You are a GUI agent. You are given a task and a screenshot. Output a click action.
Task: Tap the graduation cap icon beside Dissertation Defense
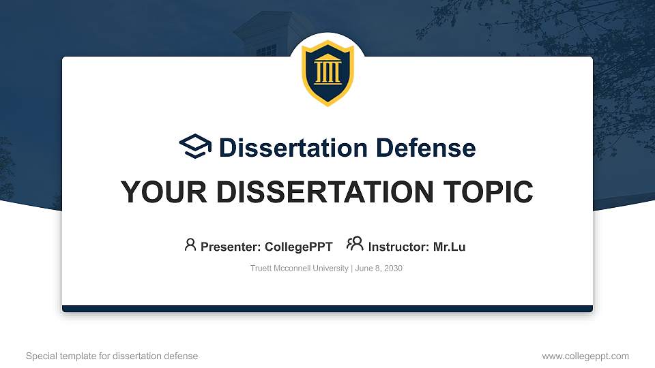click(x=196, y=147)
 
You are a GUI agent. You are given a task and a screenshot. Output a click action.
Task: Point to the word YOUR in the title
click(x=156, y=192)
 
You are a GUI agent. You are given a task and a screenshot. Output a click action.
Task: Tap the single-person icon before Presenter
click(x=190, y=245)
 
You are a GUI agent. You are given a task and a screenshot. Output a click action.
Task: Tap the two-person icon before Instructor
click(x=355, y=244)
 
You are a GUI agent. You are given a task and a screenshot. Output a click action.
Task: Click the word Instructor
click(x=398, y=247)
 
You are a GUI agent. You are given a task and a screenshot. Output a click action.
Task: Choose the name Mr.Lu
click(x=450, y=247)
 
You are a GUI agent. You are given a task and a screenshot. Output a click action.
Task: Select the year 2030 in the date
click(x=393, y=269)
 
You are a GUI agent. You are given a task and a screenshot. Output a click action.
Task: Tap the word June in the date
click(x=364, y=269)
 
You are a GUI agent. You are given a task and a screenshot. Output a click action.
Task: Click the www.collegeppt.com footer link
click(x=585, y=356)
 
